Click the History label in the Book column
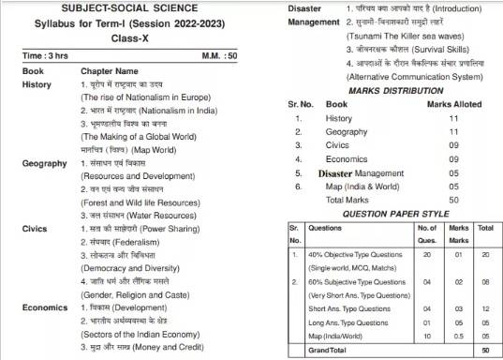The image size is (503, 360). point(37,84)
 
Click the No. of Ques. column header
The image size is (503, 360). point(426,231)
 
